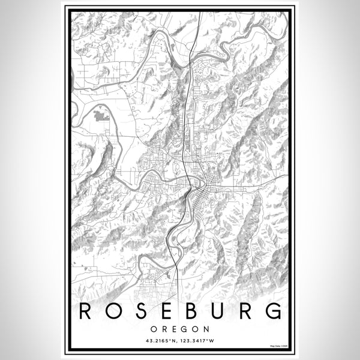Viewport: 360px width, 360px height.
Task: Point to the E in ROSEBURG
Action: coord(166,311)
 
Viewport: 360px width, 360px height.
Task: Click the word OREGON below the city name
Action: coord(180,329)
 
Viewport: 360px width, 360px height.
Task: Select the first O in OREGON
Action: coord(154,329)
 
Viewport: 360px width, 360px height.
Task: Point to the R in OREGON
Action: coord(164,329)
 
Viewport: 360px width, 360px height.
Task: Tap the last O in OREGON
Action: coord(195,329)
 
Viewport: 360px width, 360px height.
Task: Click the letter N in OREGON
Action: coord(206,329)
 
